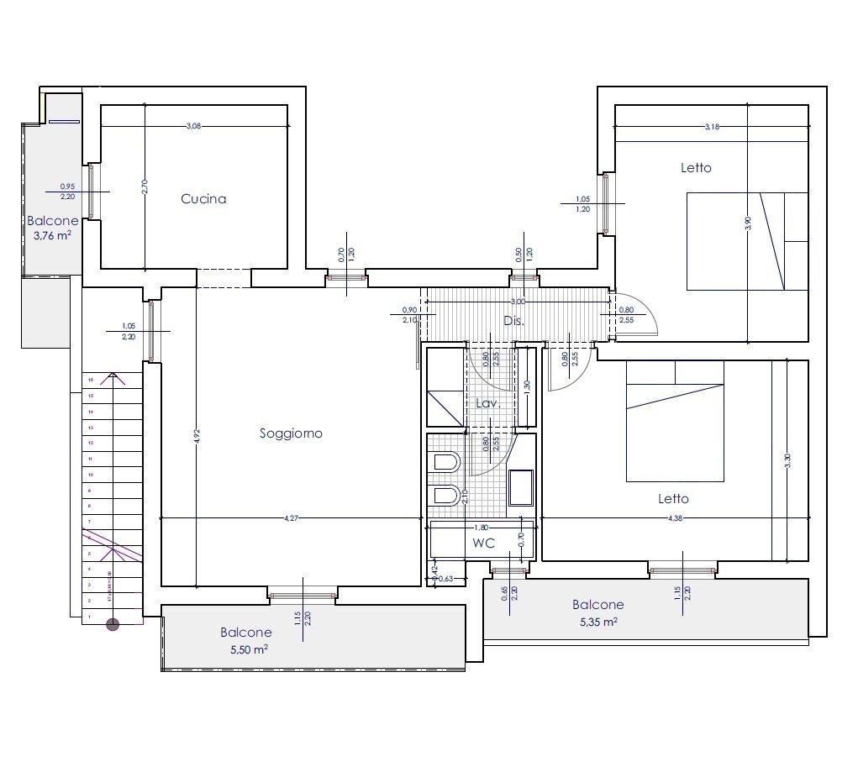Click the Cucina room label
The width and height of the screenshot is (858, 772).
203,199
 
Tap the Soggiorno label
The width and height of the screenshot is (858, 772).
291,433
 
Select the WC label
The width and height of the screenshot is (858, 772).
483,544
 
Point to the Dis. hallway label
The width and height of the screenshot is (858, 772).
513,321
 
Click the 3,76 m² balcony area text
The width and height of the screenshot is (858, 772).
52,236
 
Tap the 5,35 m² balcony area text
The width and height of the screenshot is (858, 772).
597,622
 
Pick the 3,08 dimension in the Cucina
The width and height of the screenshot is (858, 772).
194,126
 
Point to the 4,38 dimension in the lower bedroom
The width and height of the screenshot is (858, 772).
674,519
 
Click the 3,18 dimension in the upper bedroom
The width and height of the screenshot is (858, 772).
712,127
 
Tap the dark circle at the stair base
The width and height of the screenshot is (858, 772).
113,624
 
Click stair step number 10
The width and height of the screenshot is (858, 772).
90,475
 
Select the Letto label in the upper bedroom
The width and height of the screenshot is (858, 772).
696,167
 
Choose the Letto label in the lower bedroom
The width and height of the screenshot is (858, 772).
673,498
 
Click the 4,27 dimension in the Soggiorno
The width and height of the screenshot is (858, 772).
291,519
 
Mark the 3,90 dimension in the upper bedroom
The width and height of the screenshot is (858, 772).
748,223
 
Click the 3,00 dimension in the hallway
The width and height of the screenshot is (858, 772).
518,302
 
